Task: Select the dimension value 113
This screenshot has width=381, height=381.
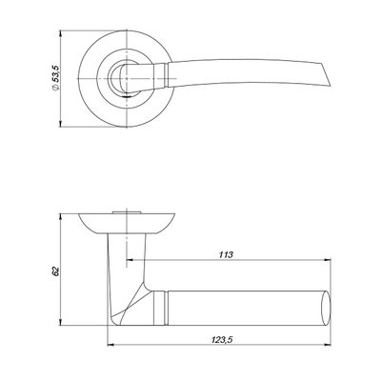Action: pos(226,254)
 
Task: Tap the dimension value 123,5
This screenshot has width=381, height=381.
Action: pos(222,340)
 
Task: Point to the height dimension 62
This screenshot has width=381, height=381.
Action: pos(55,271)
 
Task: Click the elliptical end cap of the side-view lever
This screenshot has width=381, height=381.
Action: pos(326,308)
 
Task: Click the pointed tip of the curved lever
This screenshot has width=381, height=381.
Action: pos(331,85)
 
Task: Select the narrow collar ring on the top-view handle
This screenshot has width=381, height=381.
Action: pos(166,74)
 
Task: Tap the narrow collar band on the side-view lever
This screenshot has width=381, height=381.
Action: pos(165,308)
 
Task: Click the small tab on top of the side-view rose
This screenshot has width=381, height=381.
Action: pos(127,211)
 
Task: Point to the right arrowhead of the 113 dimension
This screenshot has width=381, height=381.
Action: pos(328,260)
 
